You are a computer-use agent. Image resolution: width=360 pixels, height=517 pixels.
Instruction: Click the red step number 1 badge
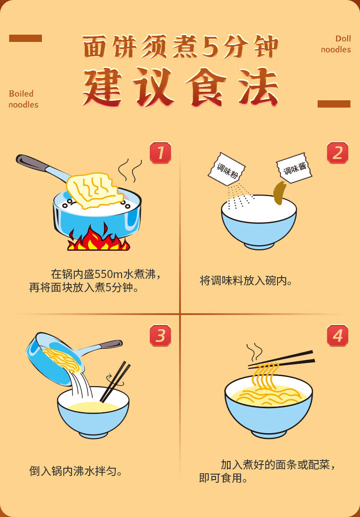pos(160,153)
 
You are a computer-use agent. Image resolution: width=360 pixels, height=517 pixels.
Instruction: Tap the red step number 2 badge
pos(338,153)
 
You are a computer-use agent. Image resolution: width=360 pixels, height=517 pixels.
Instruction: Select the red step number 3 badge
pos(160,336)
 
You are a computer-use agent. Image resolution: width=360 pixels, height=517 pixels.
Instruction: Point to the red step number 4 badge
pos(338,336)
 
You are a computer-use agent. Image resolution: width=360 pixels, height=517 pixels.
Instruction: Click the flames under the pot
pos(98,238)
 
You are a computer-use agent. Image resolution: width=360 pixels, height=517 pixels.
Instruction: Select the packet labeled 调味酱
pos(294,168)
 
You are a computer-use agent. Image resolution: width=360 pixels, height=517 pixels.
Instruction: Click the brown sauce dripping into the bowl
pos(279,193)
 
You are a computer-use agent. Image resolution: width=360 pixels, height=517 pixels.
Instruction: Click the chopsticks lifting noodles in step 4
pos(281,359)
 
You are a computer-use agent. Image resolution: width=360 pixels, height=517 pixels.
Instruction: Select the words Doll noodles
pos(336,44)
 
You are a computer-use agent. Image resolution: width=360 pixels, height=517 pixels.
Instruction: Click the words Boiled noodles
pos(23,99)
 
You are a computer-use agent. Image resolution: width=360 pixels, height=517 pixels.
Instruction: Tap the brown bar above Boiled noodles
pos(26,38)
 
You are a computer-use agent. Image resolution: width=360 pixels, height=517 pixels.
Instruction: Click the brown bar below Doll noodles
pos(334,104)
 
